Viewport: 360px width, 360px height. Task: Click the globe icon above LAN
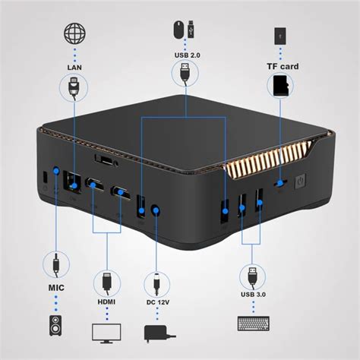point(74,36)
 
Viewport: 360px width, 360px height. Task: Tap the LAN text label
point(74,68)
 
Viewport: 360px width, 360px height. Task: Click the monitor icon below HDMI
point(106,332)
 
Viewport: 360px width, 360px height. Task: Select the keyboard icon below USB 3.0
point(251,324)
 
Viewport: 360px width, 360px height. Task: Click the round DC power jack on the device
point(156,209)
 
